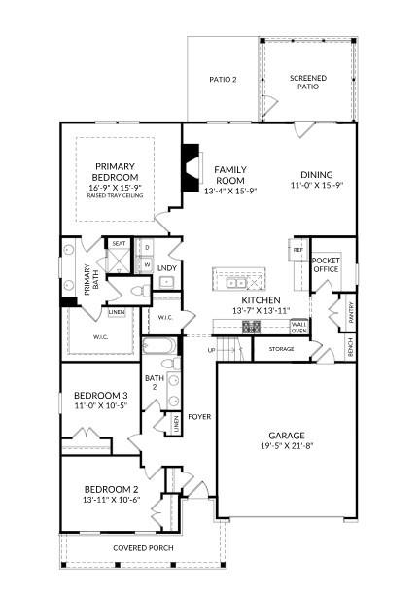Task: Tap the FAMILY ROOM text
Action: [x=229, y=175]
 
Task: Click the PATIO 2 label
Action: [x=224, y=79]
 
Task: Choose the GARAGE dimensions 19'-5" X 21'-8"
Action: [x=287, y=447]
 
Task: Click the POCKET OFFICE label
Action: [x=326, y=265]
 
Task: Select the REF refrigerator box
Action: [x=297, y=250]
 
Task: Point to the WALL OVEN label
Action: [x=298, y=327]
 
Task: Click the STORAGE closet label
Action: [x=282, y=348]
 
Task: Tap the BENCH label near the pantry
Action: [x=351, y=346]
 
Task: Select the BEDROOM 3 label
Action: [x=100, y=395]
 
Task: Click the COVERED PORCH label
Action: [x=143, y=548]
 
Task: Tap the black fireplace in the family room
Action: [x=191, y=159]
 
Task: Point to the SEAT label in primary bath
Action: [x=119, y=244]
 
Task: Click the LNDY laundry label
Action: [x=166, y=267]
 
